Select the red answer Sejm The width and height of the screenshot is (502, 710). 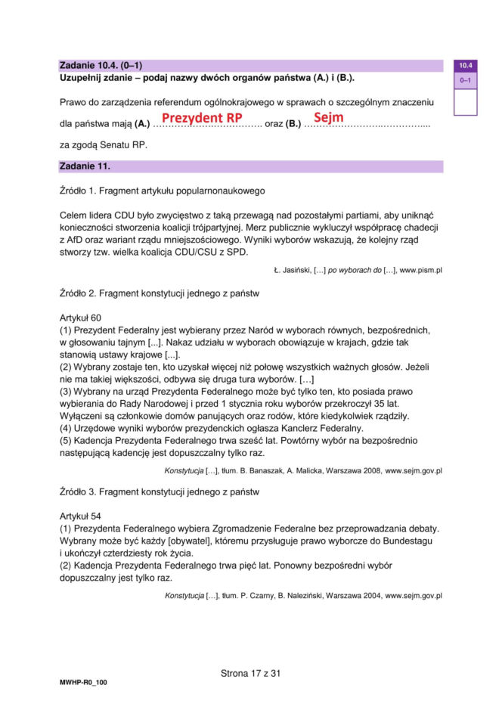coord(329,118)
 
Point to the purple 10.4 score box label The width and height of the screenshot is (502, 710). coord(465,67)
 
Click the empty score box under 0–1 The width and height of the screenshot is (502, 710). coord(465,101)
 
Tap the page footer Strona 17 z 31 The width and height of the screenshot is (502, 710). coord(250,673)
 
